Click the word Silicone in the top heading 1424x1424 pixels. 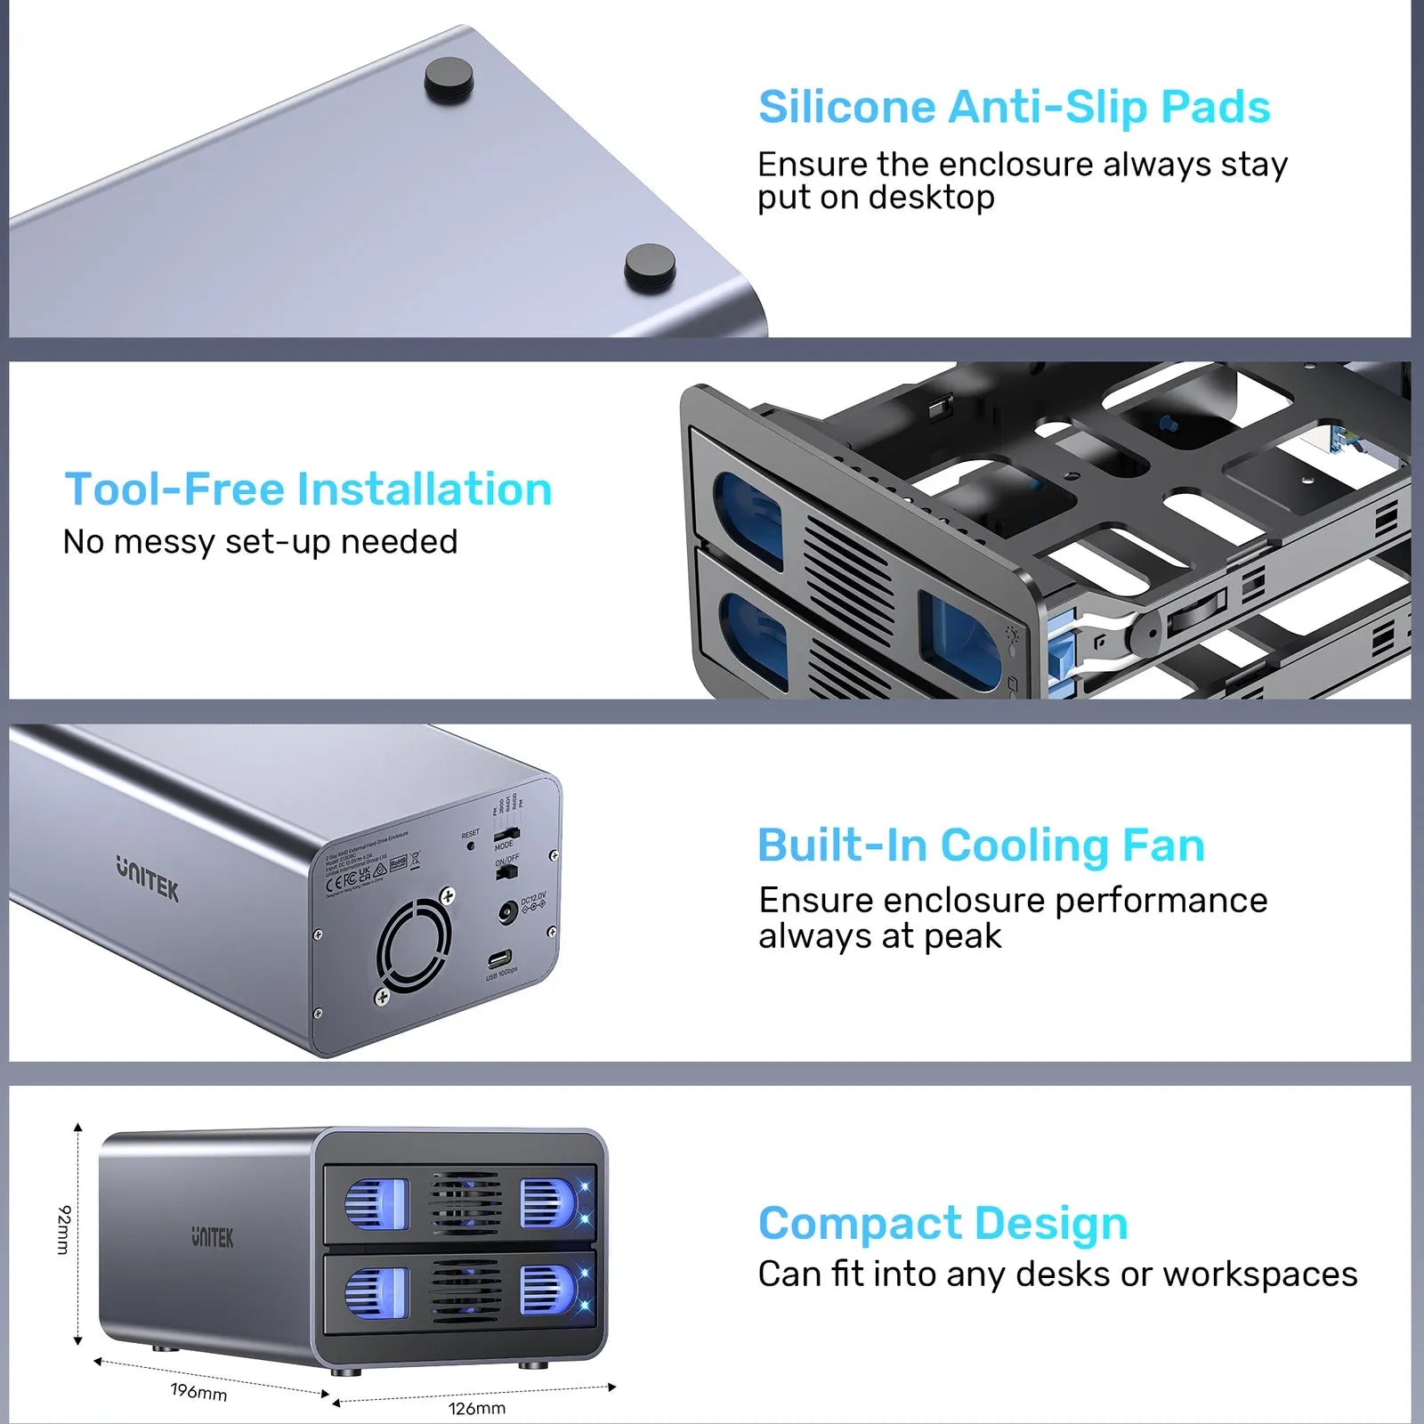pyautogui.click(x=846, y=108)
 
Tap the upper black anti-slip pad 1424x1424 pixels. pyautogui.click(x=448, y=78)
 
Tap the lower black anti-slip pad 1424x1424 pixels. pyautogui.click(x=649, y=266)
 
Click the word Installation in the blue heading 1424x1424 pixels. pyautogui.click(x=424, y=489)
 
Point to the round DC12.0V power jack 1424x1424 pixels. pyautogui.click(x=508, y=912)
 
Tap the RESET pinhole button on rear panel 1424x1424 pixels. pyautogui.click(x=470, y=845)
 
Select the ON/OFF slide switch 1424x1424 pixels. pyautogui.click(x=506, y=872)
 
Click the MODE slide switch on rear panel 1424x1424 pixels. pyautogui.click(x=506, y=835)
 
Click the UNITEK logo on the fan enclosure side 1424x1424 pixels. pyautogui.click(x=147, y=878)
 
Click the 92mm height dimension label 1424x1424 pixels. pyautogui.click(x=63, y=1230)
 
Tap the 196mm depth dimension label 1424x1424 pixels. pyautogui.click(x=198, y=1392)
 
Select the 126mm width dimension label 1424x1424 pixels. pyautogui.click(x=476, y=1408)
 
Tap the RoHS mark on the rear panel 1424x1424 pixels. pyautogui.click(x=398, y=862)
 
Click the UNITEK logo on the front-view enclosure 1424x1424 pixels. pyautogui.click(x=213, y=1237)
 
